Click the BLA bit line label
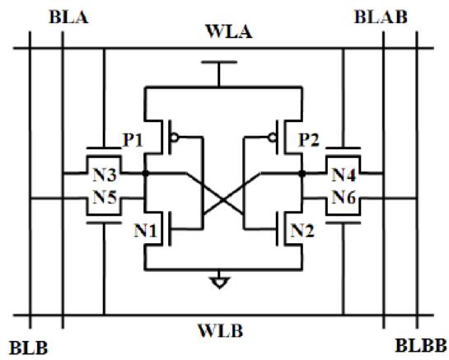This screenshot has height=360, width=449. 68,17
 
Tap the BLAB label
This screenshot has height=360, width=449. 381,17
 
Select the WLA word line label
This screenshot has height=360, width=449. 229,31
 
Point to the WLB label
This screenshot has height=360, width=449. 221,331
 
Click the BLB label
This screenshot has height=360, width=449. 29,348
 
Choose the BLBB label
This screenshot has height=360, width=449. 421,345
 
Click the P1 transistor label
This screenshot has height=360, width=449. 133,140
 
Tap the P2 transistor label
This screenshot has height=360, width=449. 309,140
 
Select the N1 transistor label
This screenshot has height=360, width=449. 146,231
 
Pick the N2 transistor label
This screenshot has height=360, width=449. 302,231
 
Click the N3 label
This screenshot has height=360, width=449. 105,175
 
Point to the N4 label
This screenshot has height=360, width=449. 344,175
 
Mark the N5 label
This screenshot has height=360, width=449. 105,198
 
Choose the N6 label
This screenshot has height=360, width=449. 344,198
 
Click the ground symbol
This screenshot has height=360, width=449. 219,282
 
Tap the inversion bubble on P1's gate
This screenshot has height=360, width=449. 174,138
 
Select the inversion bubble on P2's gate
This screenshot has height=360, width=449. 273,138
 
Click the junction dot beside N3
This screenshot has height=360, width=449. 146,173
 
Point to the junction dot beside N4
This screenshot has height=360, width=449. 302,173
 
